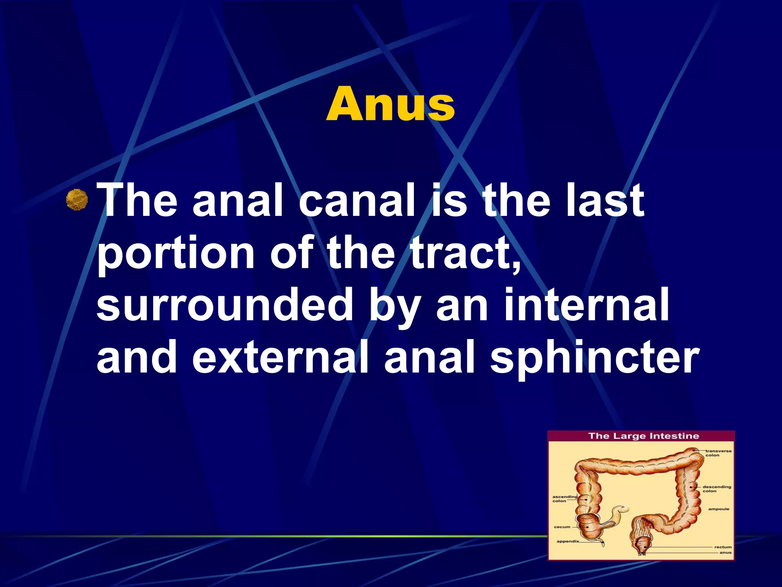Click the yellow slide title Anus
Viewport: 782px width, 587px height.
[x=390, y=104]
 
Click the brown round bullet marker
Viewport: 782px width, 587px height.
[x=77, y=200]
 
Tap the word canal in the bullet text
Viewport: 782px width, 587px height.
[x=357, y=200]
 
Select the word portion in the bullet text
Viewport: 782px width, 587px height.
[x=176, y=252]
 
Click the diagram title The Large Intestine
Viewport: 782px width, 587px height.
[x=643, y=436]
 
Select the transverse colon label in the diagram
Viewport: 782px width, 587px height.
[x=718, y=453]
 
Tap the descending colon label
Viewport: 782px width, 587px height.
[x=717, y=489]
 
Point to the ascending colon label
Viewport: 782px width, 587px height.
[x=564, y=499]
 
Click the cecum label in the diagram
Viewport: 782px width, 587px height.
[x=562, y=527]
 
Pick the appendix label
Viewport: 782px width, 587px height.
[x=568, y=541]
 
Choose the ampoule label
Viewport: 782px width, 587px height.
[x=719, y=509]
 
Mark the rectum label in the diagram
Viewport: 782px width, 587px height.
[x=723, y=547]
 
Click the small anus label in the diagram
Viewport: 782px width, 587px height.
[x=725, y=553]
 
